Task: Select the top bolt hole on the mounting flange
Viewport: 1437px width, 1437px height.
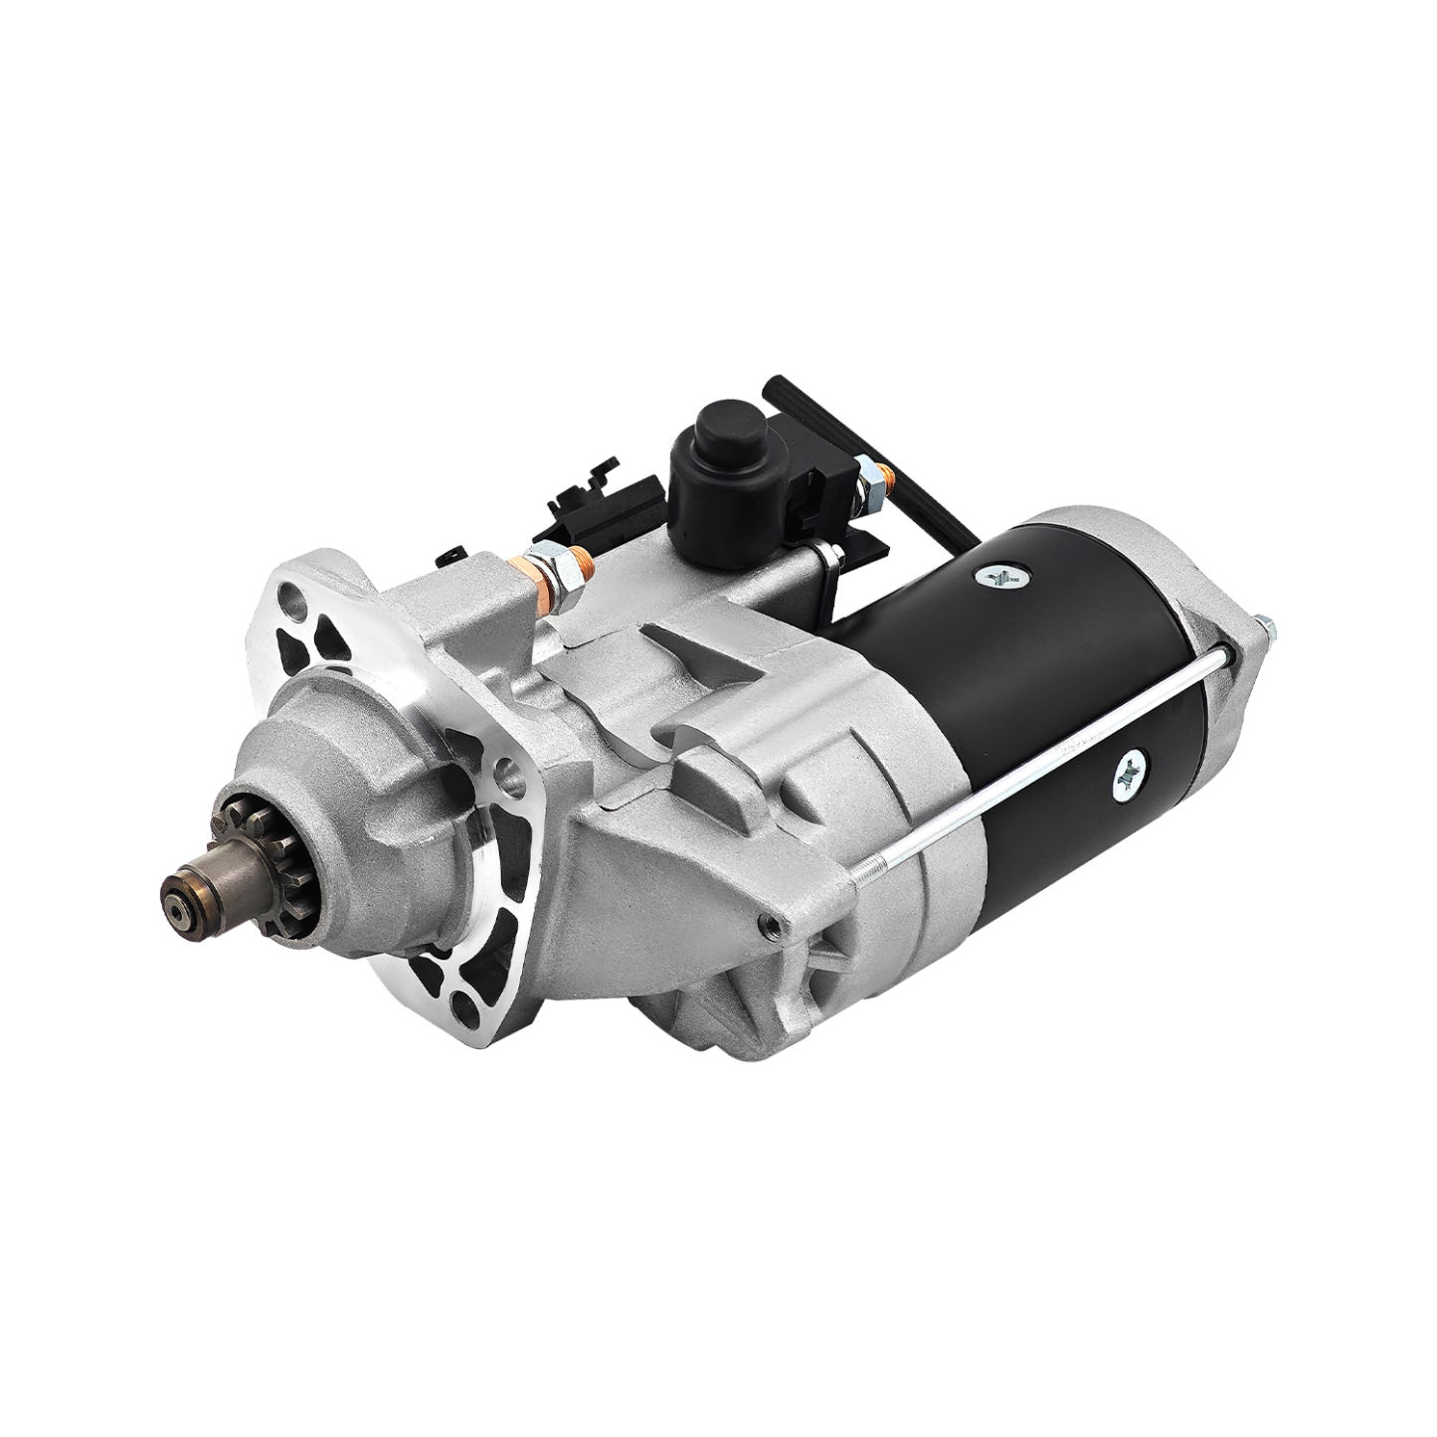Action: point(290,600)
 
